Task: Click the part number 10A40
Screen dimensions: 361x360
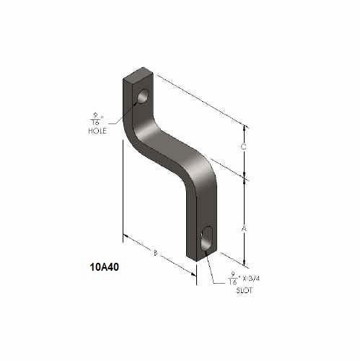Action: click(105, 266)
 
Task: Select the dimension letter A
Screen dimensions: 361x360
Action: click(244, 228)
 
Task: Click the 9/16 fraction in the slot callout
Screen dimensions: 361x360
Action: click(232, 277)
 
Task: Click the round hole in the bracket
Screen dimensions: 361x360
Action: click(144, 96)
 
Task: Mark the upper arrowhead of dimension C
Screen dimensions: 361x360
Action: click(245, 127)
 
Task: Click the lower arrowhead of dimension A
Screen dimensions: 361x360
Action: click(245, 263)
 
